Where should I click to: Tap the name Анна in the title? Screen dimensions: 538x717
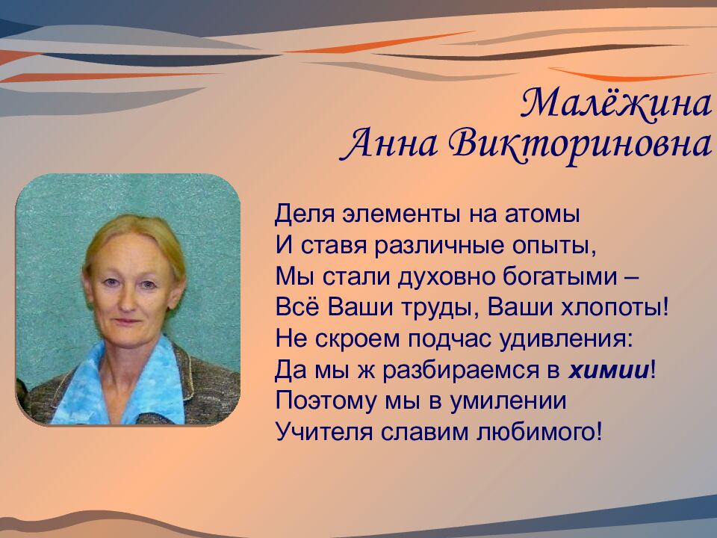pos(388,143)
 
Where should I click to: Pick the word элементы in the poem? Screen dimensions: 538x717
pos(390,214)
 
